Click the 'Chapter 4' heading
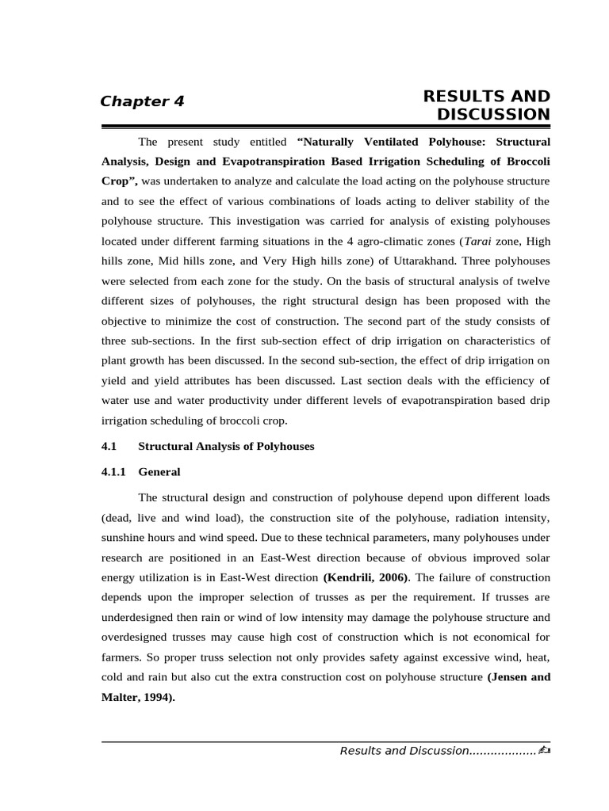coord(142,101)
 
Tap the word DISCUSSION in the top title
coord(493,115)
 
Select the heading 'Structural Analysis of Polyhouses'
coord(226,447)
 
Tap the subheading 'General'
coord(159,472)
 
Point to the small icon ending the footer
coord(543,750)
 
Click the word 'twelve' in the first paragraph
coord(530,280)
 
